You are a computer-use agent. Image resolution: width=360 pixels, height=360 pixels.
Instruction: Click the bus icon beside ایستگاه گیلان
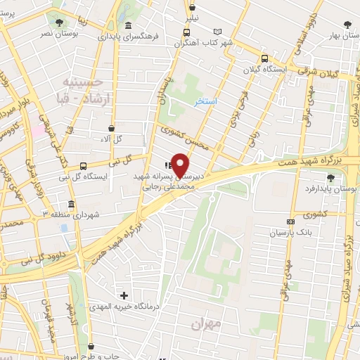pos(264,59)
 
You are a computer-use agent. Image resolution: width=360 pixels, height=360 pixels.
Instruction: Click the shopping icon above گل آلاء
pos(112,128)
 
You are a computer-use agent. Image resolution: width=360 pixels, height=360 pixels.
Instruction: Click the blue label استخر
pos(206,101)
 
